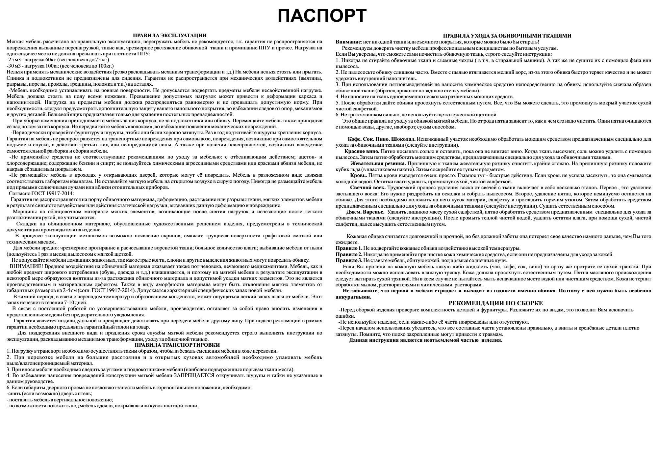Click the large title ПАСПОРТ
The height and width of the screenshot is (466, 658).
322,16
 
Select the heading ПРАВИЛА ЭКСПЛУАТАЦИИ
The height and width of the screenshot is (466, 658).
169,36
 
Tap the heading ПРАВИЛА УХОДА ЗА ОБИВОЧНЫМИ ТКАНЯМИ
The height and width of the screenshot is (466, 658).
507,36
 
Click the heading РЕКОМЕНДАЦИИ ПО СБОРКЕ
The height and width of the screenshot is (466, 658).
495,303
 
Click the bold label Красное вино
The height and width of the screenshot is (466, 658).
362,151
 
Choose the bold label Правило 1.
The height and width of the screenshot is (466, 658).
349,248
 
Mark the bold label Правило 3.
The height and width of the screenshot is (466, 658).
349,260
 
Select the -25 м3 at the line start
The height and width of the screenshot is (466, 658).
13,60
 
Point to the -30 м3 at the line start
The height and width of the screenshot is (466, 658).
13,66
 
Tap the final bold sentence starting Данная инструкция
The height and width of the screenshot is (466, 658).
425,340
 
